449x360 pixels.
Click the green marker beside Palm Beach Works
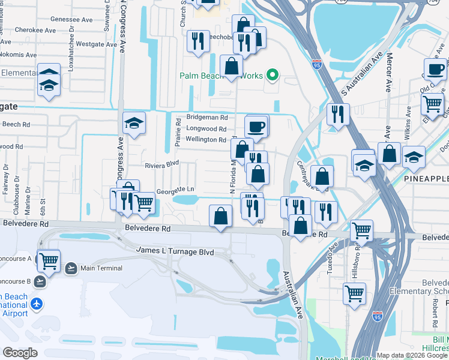point(272,75)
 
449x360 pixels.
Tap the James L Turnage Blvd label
point(175,251)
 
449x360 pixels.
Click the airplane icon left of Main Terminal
point(71,268)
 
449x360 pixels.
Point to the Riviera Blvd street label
point(161,164)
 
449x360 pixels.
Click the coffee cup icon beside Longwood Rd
point(256,127)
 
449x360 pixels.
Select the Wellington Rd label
point(205,140)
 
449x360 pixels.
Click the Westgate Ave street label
point(95,44)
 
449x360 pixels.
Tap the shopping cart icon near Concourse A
point(49,261)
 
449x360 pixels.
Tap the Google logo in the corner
point(20,352)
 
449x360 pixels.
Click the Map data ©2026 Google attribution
point(411,355)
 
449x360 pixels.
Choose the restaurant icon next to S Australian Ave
point(338,113)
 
